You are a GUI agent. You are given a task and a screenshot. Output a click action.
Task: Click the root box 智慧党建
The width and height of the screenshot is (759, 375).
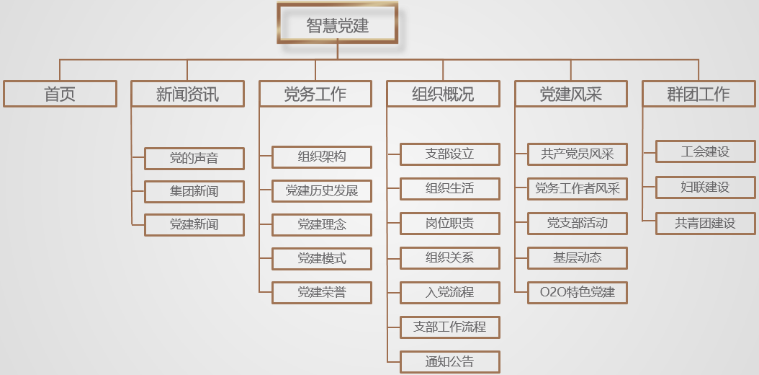tap(337, 26)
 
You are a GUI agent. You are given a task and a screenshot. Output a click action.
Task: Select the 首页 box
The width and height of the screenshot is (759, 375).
tap(60, 94)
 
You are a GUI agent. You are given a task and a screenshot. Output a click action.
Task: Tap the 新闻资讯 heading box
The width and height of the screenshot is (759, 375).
tap(187, 94)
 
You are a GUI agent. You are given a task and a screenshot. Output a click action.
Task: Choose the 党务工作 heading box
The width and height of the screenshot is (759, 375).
tap(315, 94)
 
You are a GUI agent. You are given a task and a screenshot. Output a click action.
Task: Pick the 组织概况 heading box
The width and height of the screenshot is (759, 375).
tap(443, 94)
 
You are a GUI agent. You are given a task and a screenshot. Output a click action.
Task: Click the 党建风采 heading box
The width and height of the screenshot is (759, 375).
tap(571, 94)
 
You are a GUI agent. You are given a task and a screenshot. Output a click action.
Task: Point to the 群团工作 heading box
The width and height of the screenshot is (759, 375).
tap(699, 94)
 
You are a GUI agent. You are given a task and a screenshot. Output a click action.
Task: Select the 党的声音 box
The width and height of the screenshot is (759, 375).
tap(194, 158)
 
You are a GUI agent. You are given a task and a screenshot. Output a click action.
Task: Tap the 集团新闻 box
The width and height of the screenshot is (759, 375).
tap(194, 191)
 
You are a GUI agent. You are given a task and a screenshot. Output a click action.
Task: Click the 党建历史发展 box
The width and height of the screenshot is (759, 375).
tap(322, 191)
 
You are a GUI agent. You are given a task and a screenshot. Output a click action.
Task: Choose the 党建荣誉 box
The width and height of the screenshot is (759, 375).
tap(322, 292)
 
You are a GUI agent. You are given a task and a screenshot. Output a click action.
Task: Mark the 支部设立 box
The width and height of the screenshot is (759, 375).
tap(449, 154)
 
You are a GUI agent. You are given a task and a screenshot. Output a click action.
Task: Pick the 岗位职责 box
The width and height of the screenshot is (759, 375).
tap(449, 223)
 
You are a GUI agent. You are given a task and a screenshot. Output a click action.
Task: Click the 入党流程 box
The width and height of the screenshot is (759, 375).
tap(449, 292)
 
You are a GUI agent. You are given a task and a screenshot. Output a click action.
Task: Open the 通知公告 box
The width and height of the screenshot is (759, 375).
tap(449, 361)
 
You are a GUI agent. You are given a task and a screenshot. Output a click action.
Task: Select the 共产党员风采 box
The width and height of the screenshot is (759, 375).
tap(578, 154)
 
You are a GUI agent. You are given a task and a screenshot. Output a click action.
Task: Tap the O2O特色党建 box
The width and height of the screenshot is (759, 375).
tap(578, 292)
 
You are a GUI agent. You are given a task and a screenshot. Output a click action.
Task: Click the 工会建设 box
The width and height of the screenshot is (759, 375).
tap(705, 152)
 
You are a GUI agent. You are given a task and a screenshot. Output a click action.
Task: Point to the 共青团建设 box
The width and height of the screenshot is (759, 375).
tap(705, 223)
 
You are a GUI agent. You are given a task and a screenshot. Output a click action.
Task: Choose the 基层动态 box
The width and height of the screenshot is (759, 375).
tap(578, 257)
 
